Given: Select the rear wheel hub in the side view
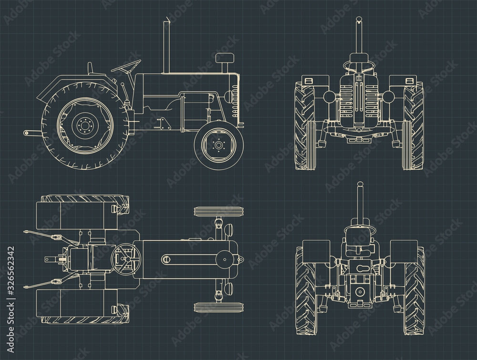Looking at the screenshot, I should click(x=85, y=125).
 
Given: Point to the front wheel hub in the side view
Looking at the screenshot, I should click(x=219, y=144).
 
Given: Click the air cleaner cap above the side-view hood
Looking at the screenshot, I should click(x=225, y=58).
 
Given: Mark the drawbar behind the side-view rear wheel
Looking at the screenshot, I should click(x=31, y=133).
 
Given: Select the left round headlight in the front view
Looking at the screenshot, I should click(x=329, y=97).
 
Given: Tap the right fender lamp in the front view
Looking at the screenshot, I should click(x=409, y=80).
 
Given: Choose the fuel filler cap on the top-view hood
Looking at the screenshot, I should click(x=166, y=259).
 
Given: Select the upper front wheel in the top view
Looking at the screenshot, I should click(x=218, y=211).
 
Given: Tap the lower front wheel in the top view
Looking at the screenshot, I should click(x=218, y=307).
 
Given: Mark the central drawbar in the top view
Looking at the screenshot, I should click(x=56, y=260).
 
